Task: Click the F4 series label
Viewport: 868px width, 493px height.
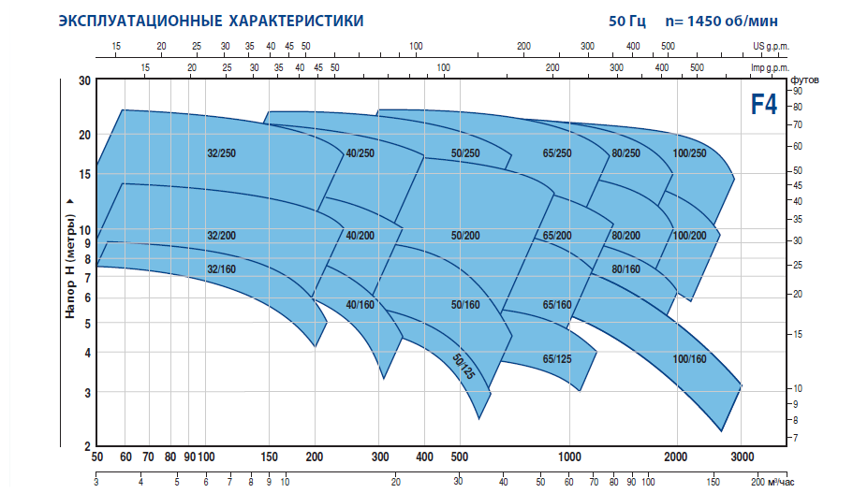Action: coord(763,104)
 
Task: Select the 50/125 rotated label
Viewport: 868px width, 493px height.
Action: coord(464,367)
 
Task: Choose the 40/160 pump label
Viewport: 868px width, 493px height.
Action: coord(360,305)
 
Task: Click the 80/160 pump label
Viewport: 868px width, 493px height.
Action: coord(625,269)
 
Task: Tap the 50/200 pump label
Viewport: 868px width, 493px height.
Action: coord(464,236)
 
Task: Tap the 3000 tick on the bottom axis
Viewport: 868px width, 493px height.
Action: coord(741,457)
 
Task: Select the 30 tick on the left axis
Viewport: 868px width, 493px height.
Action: coord(83,81)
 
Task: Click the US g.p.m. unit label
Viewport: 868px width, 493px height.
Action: coord(771,46)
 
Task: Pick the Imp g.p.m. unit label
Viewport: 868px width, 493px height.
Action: coord(770,68)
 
